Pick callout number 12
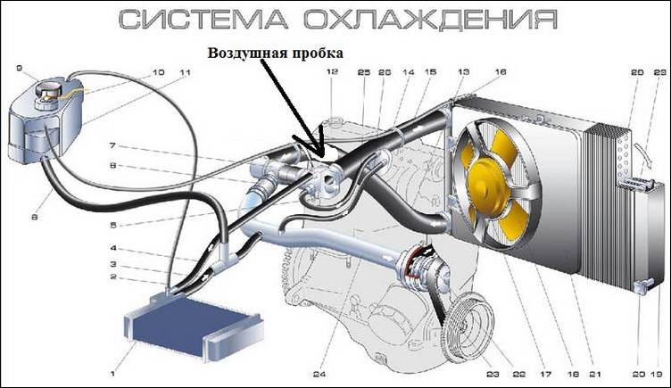(x=331, y=71)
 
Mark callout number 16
(x=500, y=71)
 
